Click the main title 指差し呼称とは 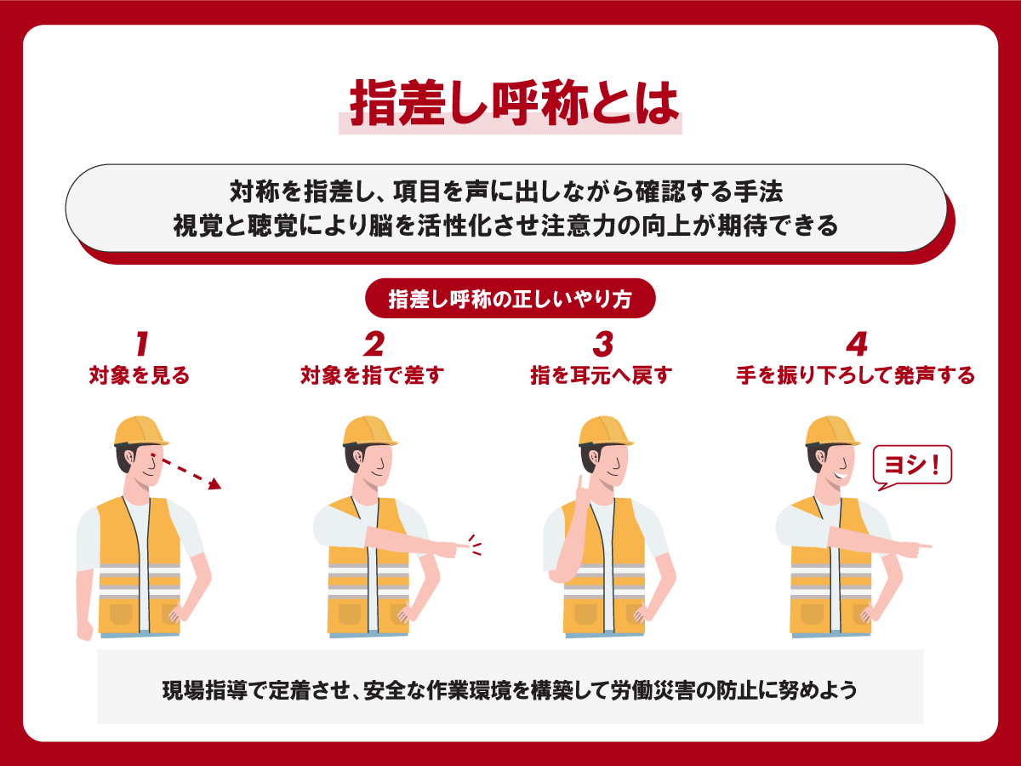pos(514,103)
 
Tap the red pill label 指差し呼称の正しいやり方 pos(510,299)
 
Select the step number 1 pos(142,344)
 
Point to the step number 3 pos(603,344)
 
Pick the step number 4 pos(856,344)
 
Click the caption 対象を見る pos(140,375)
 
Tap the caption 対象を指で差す pos(372,375)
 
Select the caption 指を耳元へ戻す pos(602,375)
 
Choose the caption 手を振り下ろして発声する pos(855,375)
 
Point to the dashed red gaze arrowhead pos(215,484)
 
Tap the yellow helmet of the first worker pos(140,432)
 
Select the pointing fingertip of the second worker pos(466,545)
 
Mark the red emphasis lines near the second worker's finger pos(475,545)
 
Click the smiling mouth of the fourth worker pos(841,475)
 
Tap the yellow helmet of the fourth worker pos(831,432)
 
